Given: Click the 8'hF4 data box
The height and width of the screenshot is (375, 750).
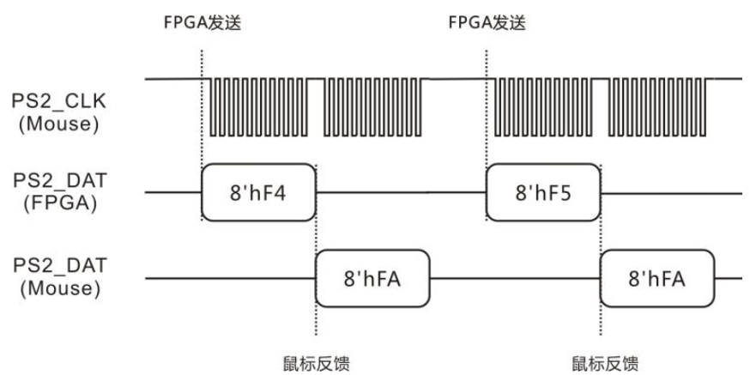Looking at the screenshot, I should coord(258,192).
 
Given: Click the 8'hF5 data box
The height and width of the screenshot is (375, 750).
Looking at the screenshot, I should coord(542,192).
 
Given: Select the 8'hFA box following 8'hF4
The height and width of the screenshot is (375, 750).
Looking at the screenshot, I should coord(372,279).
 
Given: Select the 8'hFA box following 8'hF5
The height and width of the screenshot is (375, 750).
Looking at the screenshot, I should coord(656,279).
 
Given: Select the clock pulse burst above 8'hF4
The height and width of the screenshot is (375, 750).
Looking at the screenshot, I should coord(263,106).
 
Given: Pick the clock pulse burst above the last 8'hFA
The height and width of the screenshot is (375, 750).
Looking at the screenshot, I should coord(661,106).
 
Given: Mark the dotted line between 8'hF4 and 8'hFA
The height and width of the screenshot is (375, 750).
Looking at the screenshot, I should coord(315,232).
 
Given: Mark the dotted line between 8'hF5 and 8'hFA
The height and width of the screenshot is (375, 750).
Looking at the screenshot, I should coord(600,232).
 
